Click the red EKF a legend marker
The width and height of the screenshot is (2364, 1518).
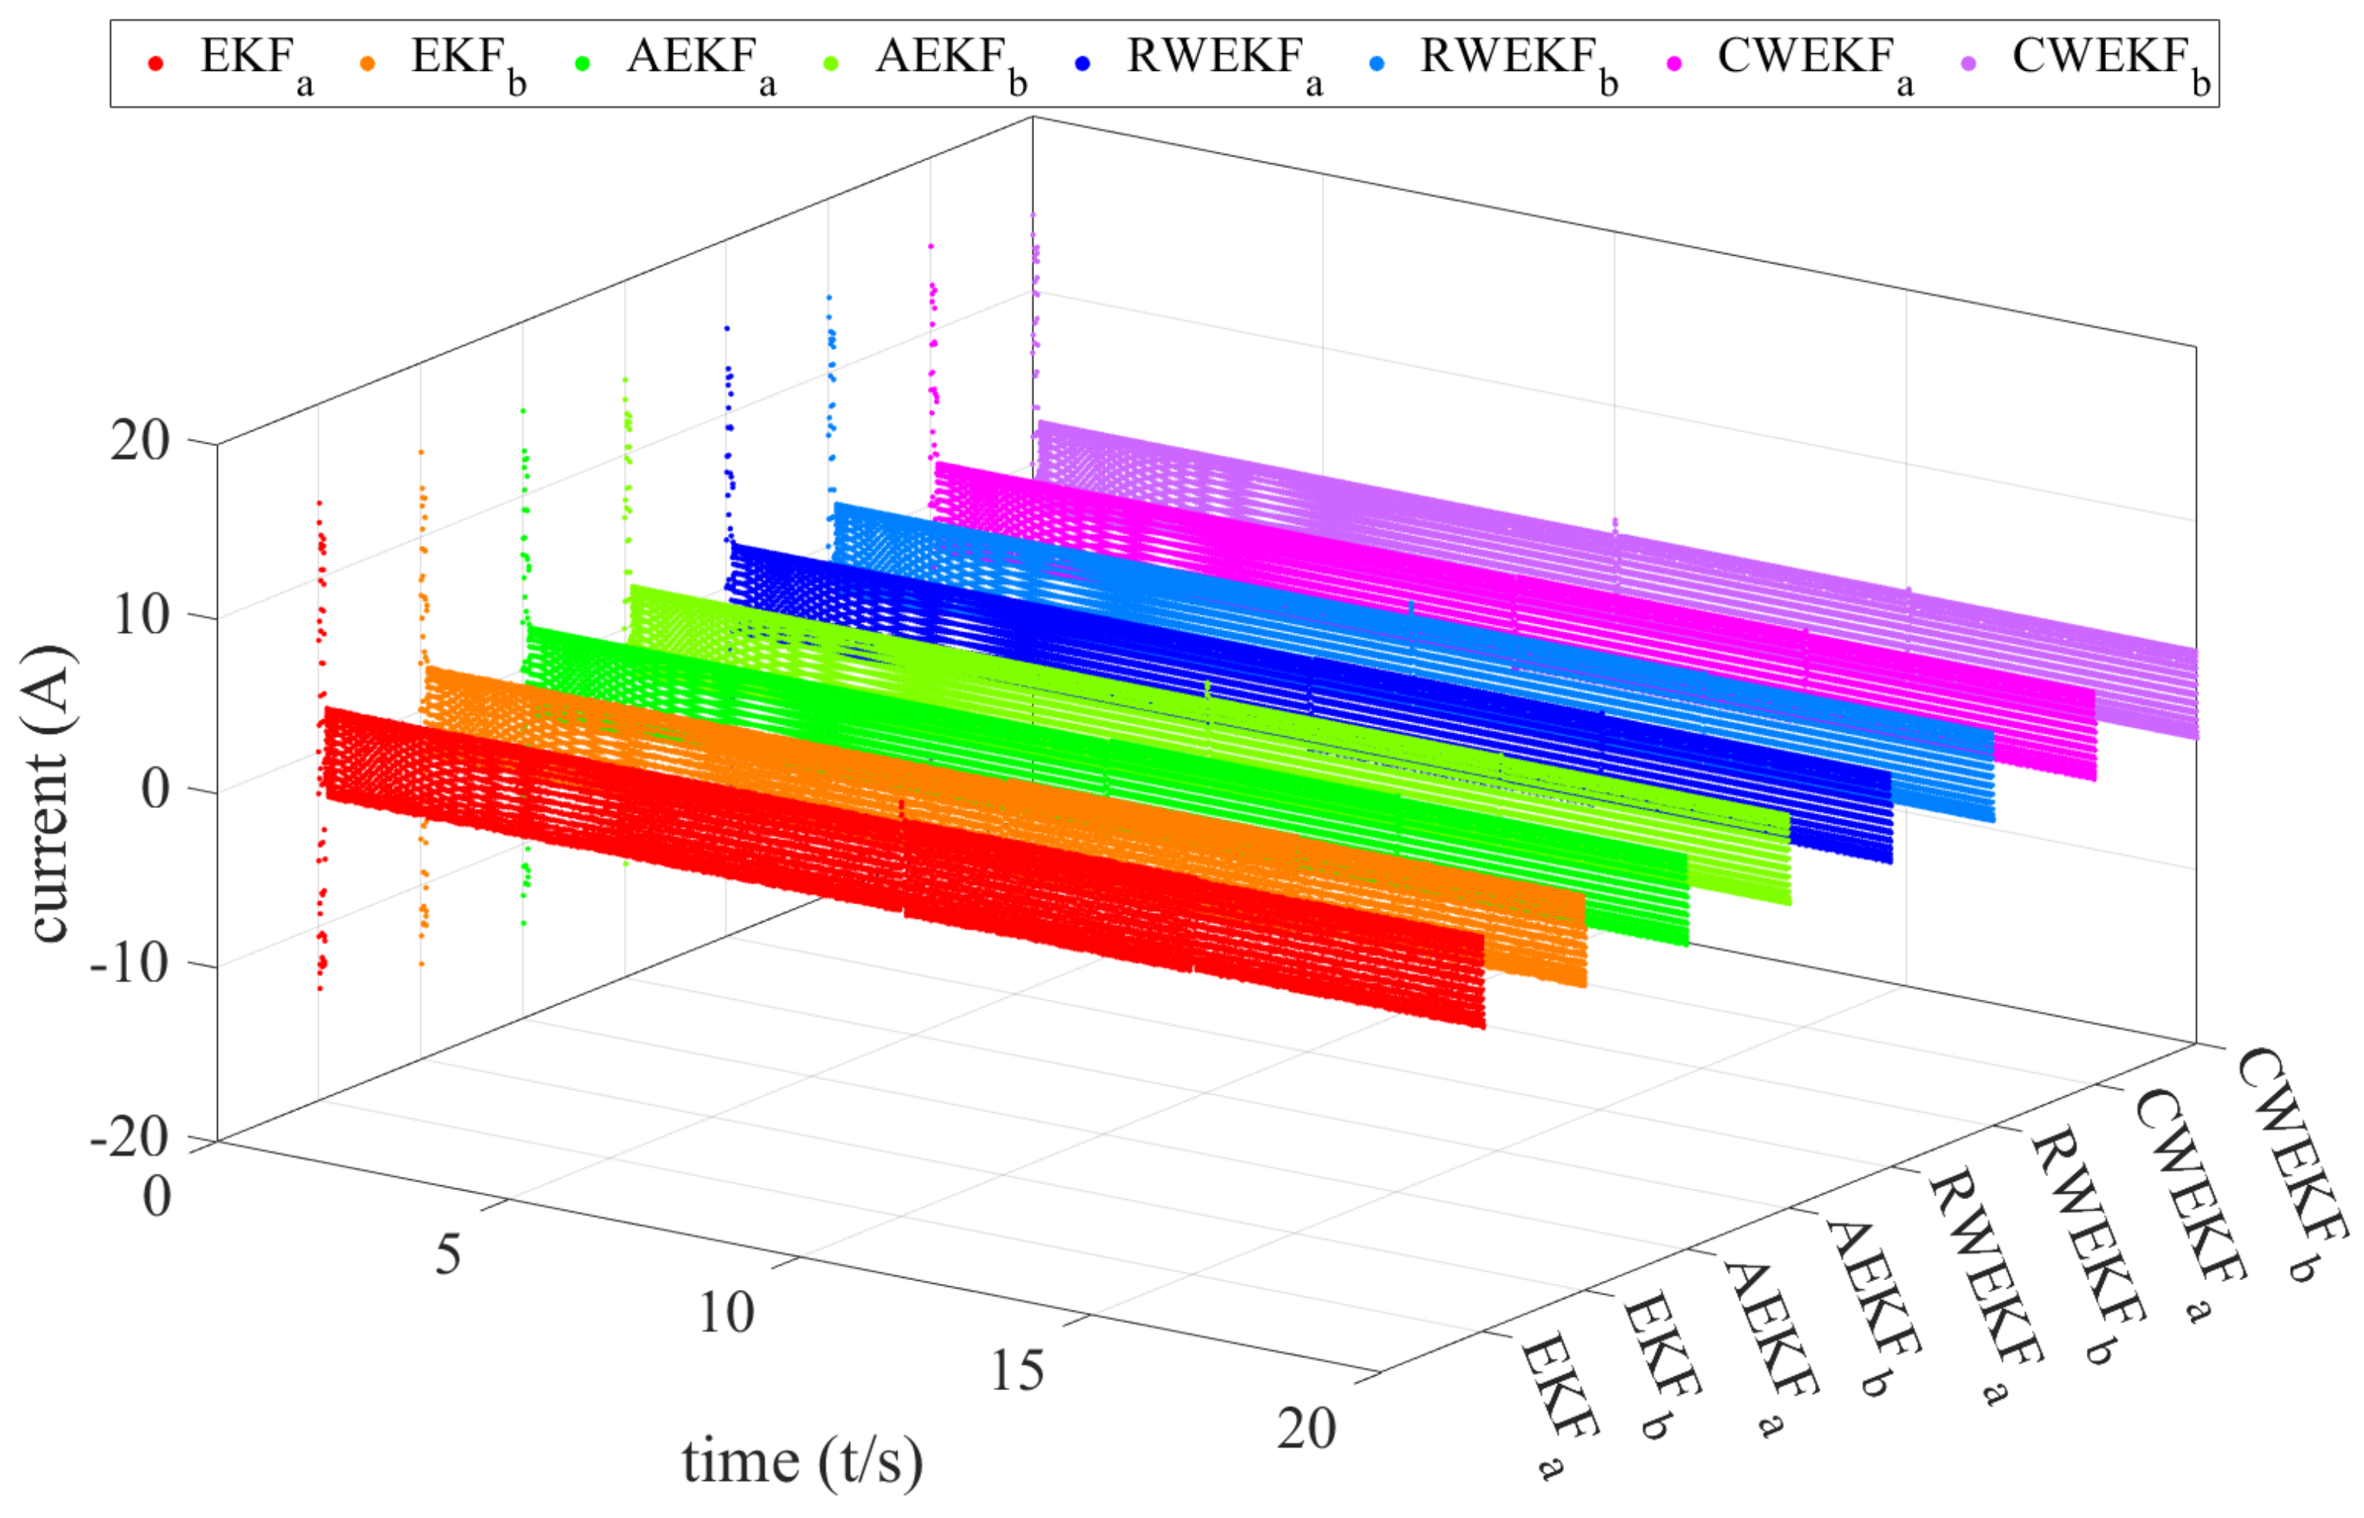155,64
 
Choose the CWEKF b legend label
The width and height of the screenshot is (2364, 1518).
2110,62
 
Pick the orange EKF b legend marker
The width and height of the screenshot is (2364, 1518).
367,64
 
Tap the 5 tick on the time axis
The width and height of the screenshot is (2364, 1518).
448,1255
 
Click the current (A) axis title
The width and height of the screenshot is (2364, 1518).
49,793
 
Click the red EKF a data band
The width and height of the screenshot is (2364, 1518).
887,867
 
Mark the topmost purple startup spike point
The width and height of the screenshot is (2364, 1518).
1032,214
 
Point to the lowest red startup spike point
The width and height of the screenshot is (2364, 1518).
320,987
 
